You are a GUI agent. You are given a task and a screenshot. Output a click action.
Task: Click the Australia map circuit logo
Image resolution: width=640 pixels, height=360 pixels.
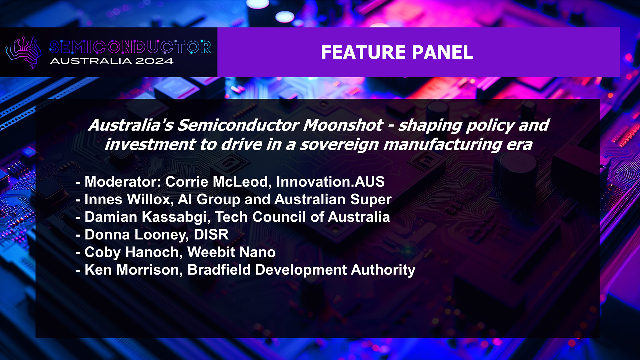[x=23, y=52]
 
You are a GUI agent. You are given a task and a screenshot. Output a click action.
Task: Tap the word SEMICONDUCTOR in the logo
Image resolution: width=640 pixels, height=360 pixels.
[x=130, y=47]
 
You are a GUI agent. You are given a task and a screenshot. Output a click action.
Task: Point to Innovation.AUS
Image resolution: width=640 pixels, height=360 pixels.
[x=330, y=182]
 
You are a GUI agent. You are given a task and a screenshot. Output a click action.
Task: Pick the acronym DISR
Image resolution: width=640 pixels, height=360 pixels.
[x=211, y=235]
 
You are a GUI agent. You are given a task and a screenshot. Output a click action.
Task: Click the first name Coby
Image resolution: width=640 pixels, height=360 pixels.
[x=103, y=252]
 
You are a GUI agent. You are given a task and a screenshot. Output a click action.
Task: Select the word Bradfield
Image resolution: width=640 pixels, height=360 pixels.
[x=219, y=270]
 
